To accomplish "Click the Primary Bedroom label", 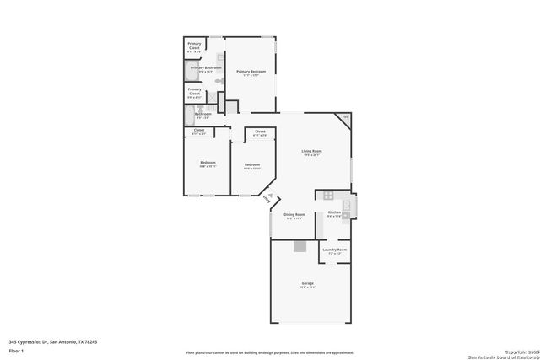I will point(251,73).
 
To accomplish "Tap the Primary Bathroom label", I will point(205,68).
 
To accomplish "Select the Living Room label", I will point(312,153).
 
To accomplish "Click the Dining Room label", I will point(294,217).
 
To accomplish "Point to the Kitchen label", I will point(334,213).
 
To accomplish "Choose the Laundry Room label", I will point(335,250).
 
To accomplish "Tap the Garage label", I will point(308,284).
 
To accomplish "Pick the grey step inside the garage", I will point(300,246).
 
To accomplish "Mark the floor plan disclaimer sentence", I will point(269,352).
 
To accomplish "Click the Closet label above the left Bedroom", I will point(199,132).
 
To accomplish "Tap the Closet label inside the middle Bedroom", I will point(260,133).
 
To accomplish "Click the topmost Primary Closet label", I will point(194,46).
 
